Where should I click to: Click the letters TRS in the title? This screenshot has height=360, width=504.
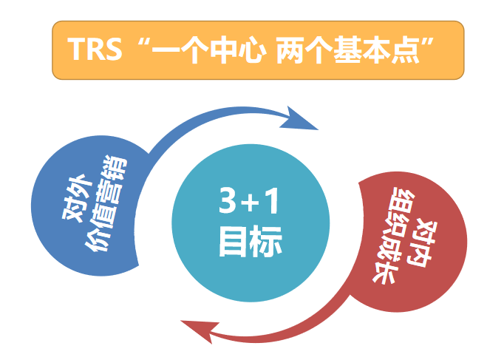95,50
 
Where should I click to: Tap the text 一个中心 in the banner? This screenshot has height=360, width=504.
209,50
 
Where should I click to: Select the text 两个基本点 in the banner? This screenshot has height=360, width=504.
349,50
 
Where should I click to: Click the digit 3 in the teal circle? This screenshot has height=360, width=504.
228,200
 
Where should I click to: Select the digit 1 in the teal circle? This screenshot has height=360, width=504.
272,200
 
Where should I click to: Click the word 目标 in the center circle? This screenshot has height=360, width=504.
251,241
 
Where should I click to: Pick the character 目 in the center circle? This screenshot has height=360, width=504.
234,241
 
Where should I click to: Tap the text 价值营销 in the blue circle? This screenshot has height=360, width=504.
106,203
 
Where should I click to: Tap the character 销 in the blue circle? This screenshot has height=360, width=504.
117,166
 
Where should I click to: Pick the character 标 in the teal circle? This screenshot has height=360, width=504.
267,241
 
